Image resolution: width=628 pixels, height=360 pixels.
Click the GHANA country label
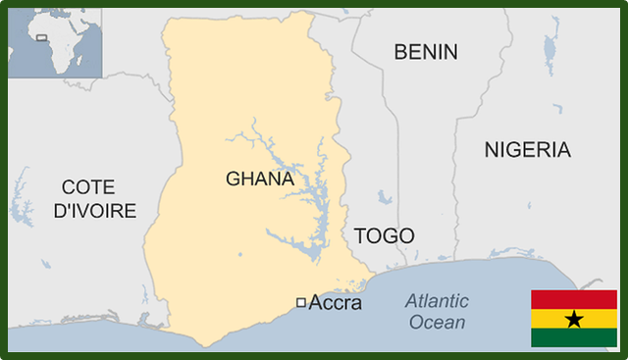pos(260,179)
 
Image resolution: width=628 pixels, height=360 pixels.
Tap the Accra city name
pos(335,303)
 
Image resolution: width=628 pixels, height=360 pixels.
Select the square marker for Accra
pos(300,302)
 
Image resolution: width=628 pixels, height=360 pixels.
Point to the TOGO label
pos(384,235)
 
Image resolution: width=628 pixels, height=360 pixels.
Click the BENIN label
pos(426,52)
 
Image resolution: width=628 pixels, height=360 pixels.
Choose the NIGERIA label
pos(527,150)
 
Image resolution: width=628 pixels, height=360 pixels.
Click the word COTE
pos(87,186)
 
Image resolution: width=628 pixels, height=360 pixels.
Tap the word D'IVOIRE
pos(94,210)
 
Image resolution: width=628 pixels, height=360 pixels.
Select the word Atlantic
pos(437,301)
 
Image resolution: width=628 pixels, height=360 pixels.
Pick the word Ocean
pos(438,322)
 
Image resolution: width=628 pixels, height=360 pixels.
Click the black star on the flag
pos(574,319)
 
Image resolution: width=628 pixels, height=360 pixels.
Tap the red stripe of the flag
pos(574,299)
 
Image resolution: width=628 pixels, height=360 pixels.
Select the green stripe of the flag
pos(574,337)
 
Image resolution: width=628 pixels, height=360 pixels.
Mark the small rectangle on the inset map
pos(41,38)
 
